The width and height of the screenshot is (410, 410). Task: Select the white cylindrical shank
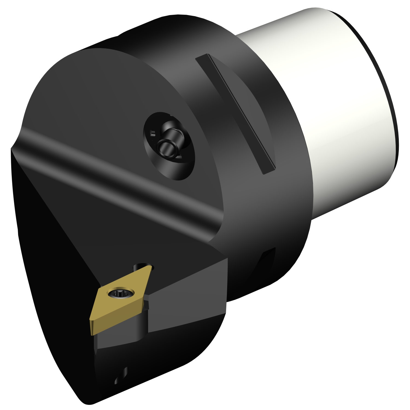click(328, 109)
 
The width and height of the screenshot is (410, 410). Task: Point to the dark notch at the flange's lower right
click(266, 262)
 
